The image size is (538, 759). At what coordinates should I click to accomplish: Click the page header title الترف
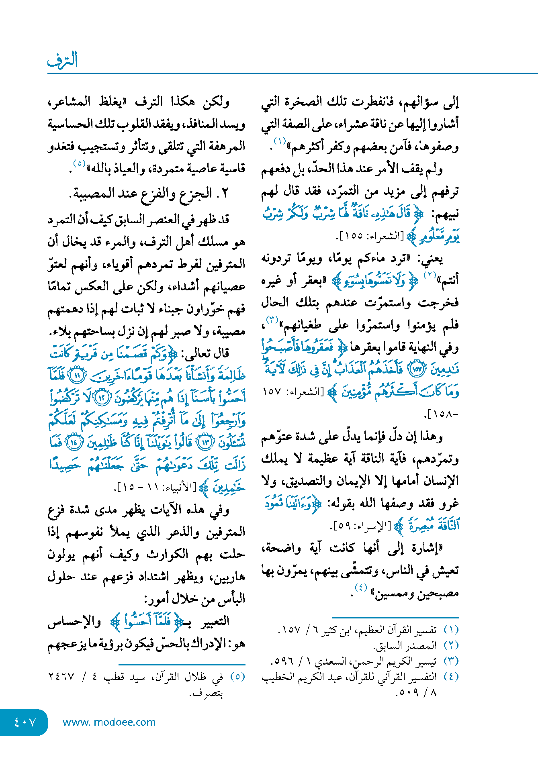[x=62, y=60]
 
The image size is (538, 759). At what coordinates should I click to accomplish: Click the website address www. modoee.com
[x=109, y=722]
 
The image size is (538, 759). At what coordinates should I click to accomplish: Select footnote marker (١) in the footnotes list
[x=451, y=630]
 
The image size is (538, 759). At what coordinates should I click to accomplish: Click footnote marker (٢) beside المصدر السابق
[x=451, y=645]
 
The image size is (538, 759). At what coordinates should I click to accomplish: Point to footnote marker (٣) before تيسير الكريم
[x=451, y=661]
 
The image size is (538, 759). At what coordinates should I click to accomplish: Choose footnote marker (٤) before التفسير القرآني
[x=451, y=676]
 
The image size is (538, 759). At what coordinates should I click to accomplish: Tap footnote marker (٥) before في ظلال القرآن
[x=237, y=676]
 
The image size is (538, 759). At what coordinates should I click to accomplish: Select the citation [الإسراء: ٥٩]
[x=361, y=525]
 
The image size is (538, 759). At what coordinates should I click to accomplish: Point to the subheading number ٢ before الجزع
[x=225, y=193]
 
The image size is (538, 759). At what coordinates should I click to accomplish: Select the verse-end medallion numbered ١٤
[x=74, y=443]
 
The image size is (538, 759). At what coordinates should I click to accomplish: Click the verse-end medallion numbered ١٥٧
[x=417, y=370]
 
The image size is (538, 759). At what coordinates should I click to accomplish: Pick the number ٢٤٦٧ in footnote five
[x=61, y=677]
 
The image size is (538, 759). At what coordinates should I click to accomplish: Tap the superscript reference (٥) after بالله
[x=79, y=163]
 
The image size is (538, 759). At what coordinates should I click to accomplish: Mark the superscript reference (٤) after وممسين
[x=361, y=588]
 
